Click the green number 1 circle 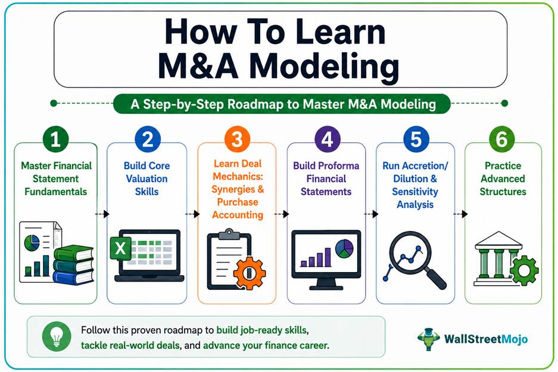tap(55, 139)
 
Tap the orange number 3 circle tap(237, 139)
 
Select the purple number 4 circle tap(328, 139)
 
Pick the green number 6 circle tap(502, 139)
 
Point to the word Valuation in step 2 tap(146, 179)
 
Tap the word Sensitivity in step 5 tap(415, 192)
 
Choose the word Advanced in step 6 tap(503, 179)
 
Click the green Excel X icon tap(121, 248)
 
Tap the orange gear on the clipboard tap(250, 273)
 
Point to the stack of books tap(74, 265)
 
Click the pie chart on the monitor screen tap(344, 248)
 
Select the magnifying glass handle tap(435, 279)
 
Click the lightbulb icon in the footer tap(56, 336)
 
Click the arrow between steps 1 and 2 tap(102, 214)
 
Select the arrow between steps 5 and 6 tap(460, 214)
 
